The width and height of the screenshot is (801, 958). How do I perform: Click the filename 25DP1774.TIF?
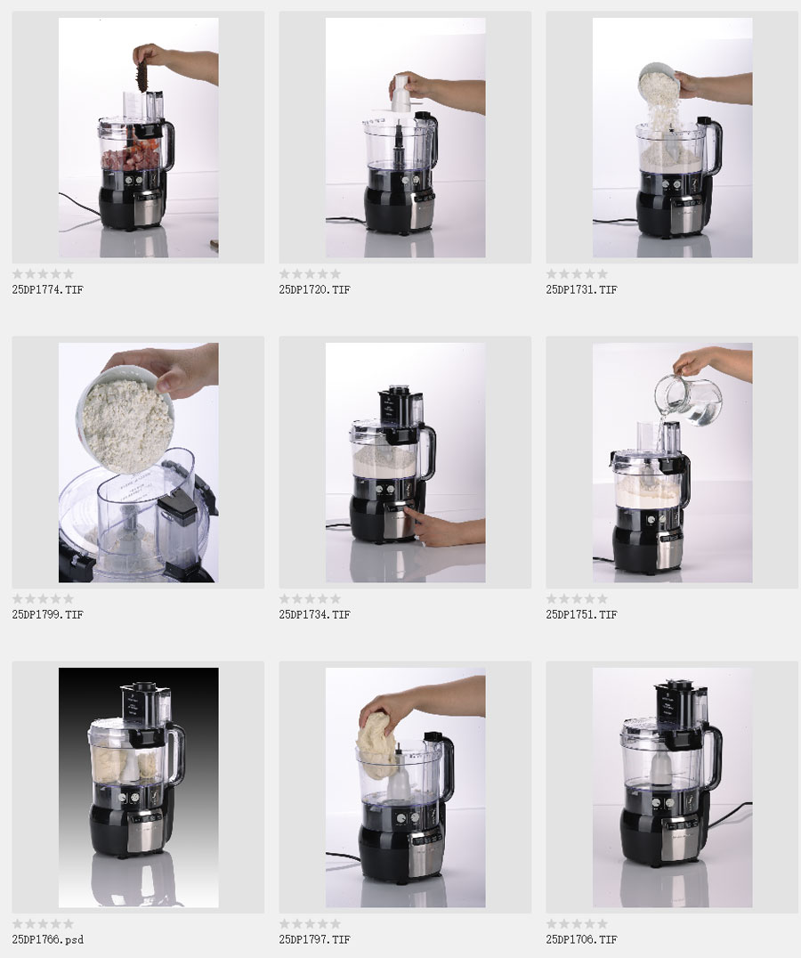(48, 289)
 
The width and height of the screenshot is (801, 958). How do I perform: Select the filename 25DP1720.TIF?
(314, 289)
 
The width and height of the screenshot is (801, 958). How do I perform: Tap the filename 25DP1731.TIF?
(581, 289)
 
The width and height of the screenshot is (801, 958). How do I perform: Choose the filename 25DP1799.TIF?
(48, 614)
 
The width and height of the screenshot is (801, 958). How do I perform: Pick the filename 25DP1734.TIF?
(314, 614)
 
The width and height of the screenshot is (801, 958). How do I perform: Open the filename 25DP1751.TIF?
(581, 614)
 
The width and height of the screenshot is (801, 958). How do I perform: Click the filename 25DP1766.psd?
(48, 939)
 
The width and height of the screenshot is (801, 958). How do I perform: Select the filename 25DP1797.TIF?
(314, 939)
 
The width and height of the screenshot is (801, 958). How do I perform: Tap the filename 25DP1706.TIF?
(581, 939)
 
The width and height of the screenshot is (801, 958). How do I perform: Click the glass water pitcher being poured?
(687, 400)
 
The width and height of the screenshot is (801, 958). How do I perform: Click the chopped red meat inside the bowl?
(130, 158)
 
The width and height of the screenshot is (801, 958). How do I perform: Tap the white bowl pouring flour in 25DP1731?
(658, 79)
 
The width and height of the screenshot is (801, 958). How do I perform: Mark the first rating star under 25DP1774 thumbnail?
(18, 273)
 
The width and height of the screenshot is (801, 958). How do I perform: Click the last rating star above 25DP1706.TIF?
(602, 924)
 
